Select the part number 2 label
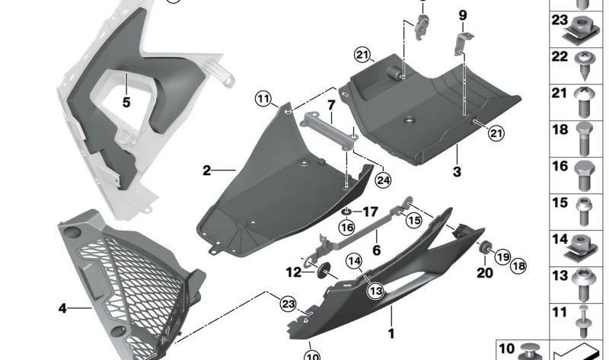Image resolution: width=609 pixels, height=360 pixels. (206, 170)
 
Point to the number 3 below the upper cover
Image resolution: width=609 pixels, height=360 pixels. (457, 172)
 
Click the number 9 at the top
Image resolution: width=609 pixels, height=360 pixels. (462, 15)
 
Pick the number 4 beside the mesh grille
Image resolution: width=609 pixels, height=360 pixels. (62, 309)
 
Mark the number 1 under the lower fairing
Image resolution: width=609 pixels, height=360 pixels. (391, 333)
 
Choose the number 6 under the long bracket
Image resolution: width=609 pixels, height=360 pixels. (376, 250)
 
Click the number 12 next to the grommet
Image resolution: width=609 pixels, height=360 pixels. (294, 272)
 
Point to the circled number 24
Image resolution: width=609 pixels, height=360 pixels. (383, 180)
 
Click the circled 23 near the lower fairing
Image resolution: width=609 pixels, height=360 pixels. (286, 303)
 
